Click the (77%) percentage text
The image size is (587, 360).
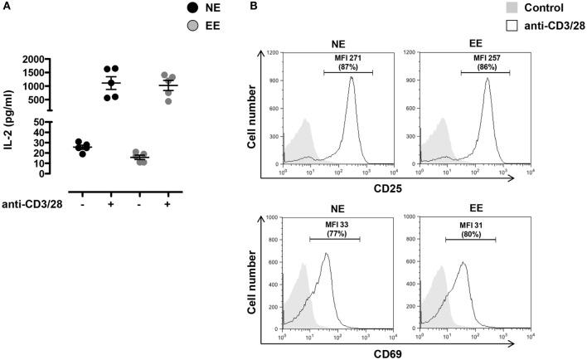tap(334, 234)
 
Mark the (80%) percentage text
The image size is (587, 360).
tap(469, 234)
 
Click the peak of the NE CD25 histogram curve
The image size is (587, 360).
tap(351, 77)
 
